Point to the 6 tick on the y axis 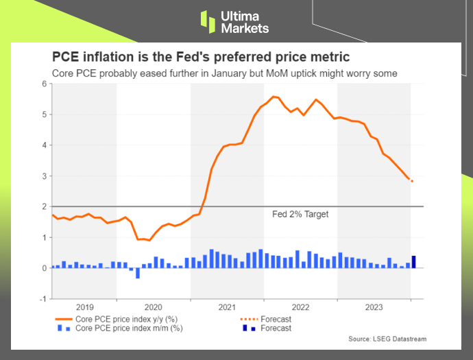[45, 84]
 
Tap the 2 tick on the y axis [45, 206]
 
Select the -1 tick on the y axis [43, 298]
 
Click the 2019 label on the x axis [84, 307]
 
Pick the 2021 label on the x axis [227, 307]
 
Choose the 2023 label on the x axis [374, 307]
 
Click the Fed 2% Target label [300, 215]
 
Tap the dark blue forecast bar [413, 261]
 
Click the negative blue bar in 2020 [138, 273]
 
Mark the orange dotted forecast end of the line [412, 181]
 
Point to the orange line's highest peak [274, 97]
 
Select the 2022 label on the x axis [300, 307]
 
